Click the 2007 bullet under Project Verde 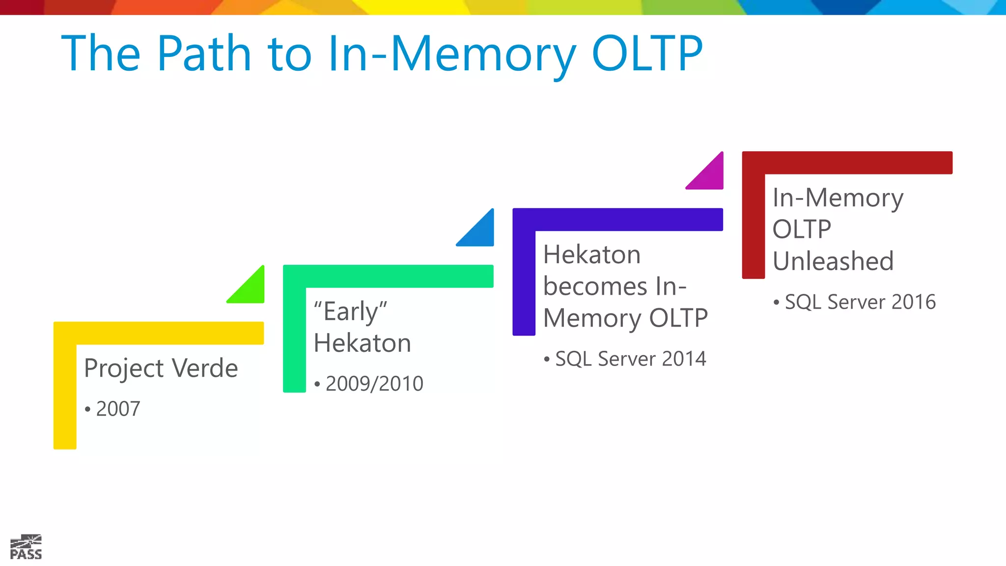point(117,409)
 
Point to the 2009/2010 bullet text point(374,384)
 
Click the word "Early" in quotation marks point(350,311)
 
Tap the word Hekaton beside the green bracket point(362,343)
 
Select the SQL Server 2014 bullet point(630,359)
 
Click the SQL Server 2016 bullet point(860,302)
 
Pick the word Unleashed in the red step point(833,261)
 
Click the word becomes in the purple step point(595,286)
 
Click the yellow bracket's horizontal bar point(167,333)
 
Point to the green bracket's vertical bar point(294,344)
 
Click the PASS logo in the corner point(26,547)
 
